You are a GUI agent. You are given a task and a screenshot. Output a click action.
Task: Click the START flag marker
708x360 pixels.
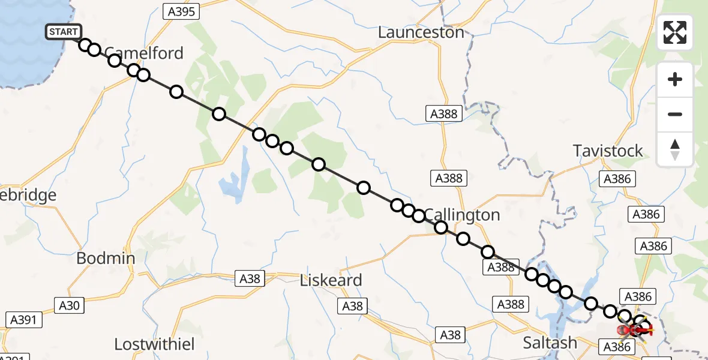coord(62,32)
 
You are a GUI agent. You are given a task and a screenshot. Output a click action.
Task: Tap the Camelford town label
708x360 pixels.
coord(144,53)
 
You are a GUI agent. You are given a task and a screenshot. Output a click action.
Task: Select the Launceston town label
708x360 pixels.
coord(421,32)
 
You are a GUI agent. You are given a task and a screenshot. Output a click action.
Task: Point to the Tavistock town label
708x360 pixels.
coord(608,151)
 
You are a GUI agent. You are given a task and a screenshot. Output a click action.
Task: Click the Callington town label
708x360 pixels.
coord(461,215)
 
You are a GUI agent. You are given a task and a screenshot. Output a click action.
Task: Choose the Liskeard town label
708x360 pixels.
coord(331,280)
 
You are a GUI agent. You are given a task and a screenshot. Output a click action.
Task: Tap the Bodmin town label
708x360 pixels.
coord(106,259)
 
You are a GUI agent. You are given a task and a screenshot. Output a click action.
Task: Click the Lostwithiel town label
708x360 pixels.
coord(155,344)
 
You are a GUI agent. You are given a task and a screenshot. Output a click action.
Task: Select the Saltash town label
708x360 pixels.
coord(550,343)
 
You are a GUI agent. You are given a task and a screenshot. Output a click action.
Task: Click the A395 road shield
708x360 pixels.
coord(181,11)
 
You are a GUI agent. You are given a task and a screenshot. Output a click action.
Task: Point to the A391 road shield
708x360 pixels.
coord(24,320)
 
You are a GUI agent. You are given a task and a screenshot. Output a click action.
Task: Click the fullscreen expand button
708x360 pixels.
coord(675,32)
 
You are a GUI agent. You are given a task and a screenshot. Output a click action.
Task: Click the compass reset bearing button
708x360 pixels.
coord(675,149)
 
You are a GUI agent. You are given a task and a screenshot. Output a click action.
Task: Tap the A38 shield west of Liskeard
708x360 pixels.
coord(250,278)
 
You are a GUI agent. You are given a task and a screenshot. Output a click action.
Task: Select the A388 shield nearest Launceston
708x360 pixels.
coord(444,113)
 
